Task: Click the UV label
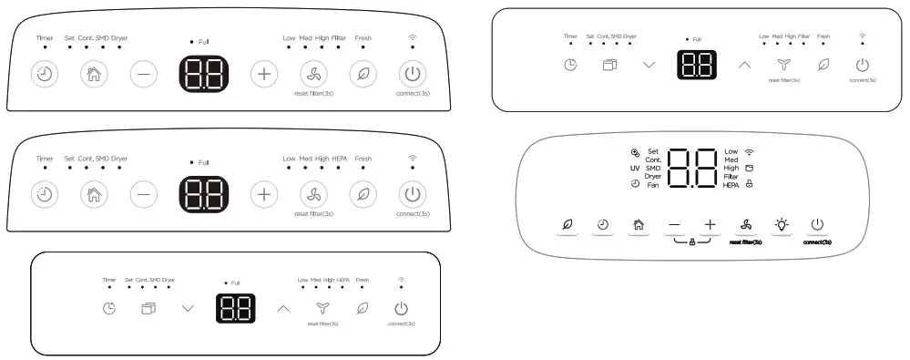(x=634, y=168)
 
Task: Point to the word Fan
(x=652, y=184)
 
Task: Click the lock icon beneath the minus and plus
(x=692, y=242)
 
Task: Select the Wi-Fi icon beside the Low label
(x=750, y=151)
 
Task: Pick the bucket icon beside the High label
(x=750, y=168)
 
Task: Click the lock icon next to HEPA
(x=750, y=184)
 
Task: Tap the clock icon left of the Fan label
(x=634, y=184)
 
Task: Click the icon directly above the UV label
(x=634, y=152)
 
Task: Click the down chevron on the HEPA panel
(x=188, y=308)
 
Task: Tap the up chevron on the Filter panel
(x=744, y=65)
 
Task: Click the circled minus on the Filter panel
(x=143, y=74)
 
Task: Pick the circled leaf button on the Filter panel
(x=363, y=74)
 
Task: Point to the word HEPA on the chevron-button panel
(x=343, y=280)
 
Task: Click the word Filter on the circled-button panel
(x=339, y=37)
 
